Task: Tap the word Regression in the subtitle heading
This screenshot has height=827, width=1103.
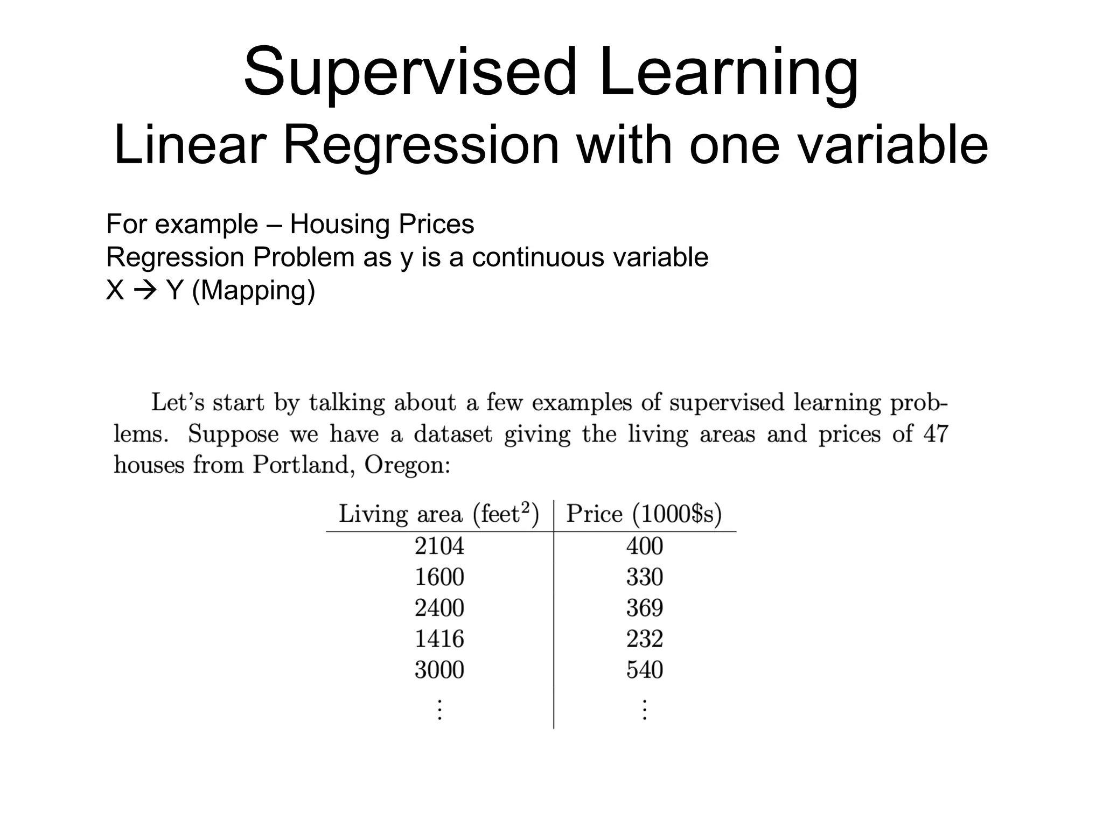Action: coord(421,145)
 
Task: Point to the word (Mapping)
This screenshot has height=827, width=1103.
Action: coord(253,291)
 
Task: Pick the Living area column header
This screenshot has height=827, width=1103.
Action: coord(438,514)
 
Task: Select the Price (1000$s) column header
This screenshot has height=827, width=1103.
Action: coord(644,514)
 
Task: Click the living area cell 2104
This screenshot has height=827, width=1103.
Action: coord(439,546)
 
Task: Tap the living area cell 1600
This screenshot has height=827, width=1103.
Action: coord(439,577)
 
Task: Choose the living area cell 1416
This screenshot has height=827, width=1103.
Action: coord(439,639)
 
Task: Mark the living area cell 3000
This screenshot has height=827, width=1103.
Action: coord(439,670)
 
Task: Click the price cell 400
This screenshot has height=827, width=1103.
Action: coord(644,546)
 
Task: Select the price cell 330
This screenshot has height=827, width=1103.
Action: coord(644,577)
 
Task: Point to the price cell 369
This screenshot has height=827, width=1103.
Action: coord(644,608)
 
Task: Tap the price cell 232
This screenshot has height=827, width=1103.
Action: coord(644,639)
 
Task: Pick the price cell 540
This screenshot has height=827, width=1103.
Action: coord(644,670)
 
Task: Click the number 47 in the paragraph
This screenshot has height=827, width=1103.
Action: coord(936,434)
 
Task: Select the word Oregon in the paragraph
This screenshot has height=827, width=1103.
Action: coord(407,465)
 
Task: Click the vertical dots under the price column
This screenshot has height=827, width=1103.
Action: coord(644,709)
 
